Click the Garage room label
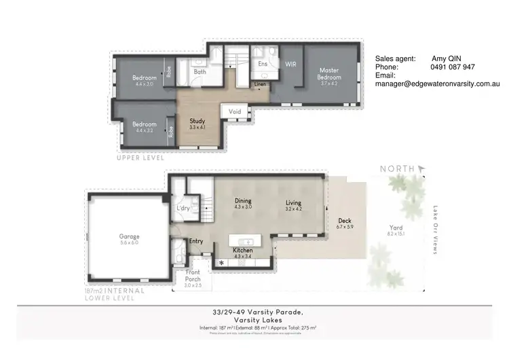pos(129,237)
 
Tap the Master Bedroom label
pos(330,74)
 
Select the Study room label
pos(197,121)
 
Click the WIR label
pos(291,64)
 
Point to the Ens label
pos(263,65)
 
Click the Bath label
pos(200,71)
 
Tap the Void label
pos(235,111)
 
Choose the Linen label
pos(261,85)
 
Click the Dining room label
pos(243,201)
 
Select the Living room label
pos(293,202)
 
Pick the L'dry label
pos(183,209)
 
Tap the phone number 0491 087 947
pos(453,67)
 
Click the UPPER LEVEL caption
pos(140,158)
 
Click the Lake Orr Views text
pos(435,230)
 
